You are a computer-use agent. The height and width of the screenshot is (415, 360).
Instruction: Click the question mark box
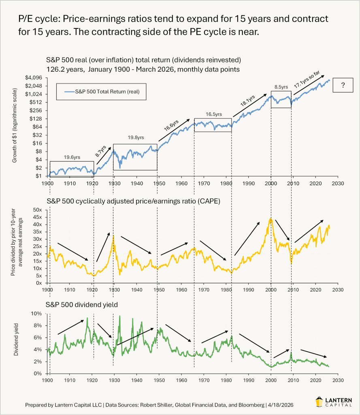[343, 86]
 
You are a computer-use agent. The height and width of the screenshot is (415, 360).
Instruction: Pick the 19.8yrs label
[135, 138]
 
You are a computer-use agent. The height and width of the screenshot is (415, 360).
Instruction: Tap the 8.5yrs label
[281, 86]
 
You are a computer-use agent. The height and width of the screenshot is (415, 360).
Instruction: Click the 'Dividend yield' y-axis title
[17, 343]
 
